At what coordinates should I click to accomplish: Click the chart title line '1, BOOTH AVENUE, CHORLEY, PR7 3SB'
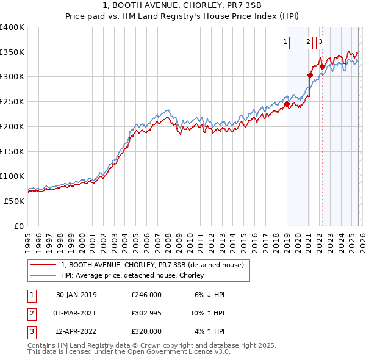[183, 5]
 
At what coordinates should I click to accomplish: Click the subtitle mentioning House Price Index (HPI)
[183, 16]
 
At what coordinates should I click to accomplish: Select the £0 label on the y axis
[19, 226]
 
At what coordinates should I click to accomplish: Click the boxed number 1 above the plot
[285, 42]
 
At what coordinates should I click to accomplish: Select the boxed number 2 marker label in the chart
[308, 42]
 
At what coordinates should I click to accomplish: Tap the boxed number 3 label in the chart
[321, 42]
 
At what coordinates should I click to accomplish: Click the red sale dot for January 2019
[287, 104]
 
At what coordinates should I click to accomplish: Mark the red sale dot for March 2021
[310, 76]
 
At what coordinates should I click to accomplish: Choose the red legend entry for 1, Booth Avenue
[152, 265]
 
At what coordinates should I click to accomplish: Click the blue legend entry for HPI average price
[132, 275]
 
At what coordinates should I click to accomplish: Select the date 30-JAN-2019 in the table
[76, 295]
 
